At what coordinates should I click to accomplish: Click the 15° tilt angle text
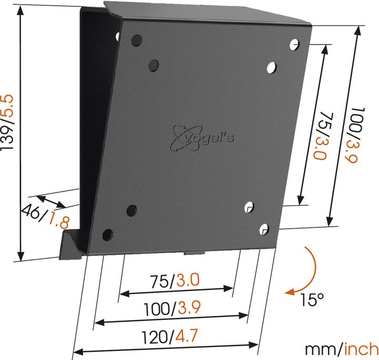(x=312, y=301)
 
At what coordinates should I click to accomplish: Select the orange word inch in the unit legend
(x=362, y=349)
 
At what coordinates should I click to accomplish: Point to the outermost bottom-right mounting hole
(x=264, y=228)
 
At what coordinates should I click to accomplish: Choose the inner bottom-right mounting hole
(x=250, y=206)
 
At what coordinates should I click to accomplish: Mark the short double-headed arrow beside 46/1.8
(x=51, y=201)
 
